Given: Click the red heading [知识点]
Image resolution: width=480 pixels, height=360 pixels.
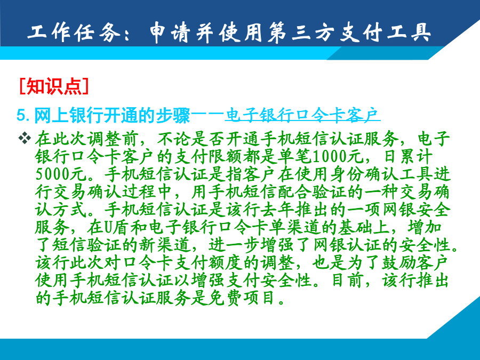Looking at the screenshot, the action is pyautogui.click(x=54, y=86).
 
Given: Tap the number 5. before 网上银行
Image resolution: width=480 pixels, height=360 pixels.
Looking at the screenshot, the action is pyautogui.click(x=23, y=115).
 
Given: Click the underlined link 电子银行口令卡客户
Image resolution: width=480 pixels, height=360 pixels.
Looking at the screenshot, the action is pyautogui.click(x=302, y=115).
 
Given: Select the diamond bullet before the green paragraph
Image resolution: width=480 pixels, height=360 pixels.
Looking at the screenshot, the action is pyautogui.click(x=25, y=138).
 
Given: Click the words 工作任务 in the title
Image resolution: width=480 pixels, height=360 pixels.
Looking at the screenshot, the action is pyautogui.click(x=74, y=32).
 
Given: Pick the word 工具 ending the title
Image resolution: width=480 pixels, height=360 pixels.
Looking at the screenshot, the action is pyautogui.click(x=409, y=32).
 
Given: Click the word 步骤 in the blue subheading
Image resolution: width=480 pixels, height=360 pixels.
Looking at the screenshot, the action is pyautogui.click(x=173, y=115).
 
